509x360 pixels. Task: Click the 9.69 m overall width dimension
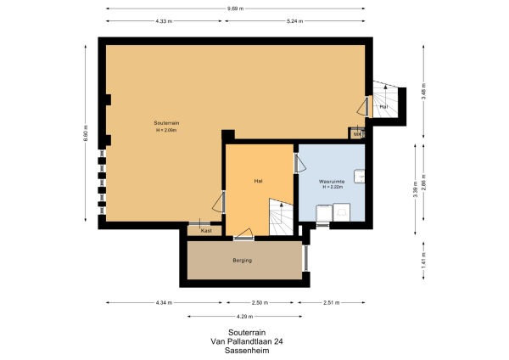235,9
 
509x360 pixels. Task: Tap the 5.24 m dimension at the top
295,20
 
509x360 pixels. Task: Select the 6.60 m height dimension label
87,133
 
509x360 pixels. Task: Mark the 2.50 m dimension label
260,303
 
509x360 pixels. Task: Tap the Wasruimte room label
331,182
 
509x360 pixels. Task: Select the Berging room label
243,260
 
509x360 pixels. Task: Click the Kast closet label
206,230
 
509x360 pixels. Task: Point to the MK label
358,133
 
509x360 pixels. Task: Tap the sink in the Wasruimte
361,177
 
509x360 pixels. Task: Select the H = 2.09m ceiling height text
166,130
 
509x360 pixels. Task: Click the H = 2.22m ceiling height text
331,188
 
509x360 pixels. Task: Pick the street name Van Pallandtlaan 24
247,341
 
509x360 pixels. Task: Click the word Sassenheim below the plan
247,350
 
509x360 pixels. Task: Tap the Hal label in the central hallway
258,181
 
